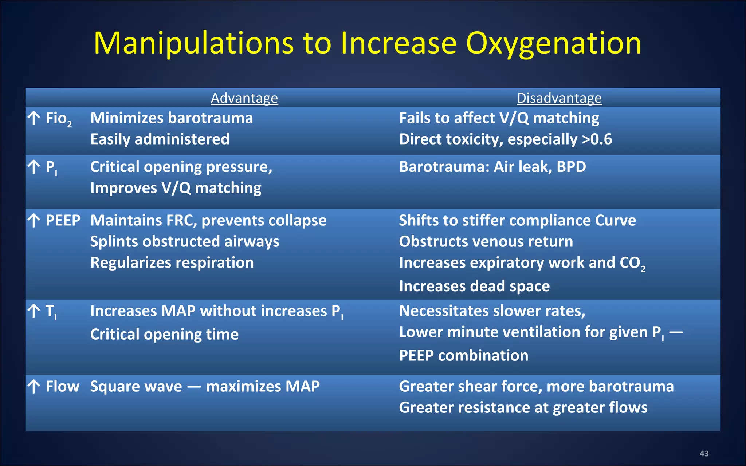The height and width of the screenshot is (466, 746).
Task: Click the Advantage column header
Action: click(244, 98)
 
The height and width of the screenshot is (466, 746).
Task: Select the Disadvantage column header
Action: click(559, 98)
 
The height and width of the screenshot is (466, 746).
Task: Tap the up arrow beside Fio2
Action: click(34, 118)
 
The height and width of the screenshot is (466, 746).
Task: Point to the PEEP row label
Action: click(63, 220)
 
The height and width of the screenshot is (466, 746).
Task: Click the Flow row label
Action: click(62, 386)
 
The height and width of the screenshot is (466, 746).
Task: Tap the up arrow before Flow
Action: click(34, 387)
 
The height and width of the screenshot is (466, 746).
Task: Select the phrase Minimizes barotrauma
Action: click(171, 118)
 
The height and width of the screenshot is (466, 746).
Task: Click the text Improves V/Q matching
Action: click(176, 188)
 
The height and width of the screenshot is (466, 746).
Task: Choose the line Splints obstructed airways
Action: click(185, 242)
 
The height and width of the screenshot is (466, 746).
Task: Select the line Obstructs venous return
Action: click(486, 242)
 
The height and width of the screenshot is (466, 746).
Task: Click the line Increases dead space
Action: click(474, 286)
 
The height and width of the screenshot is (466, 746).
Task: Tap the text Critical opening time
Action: click(164, 334)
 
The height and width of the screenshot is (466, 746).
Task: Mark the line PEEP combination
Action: click(463, 355)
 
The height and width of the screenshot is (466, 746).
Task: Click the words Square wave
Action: click(136, 386)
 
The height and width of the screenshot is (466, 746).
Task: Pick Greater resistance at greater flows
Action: click(523, 407)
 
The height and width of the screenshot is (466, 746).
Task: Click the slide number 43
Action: click(704, 453)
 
